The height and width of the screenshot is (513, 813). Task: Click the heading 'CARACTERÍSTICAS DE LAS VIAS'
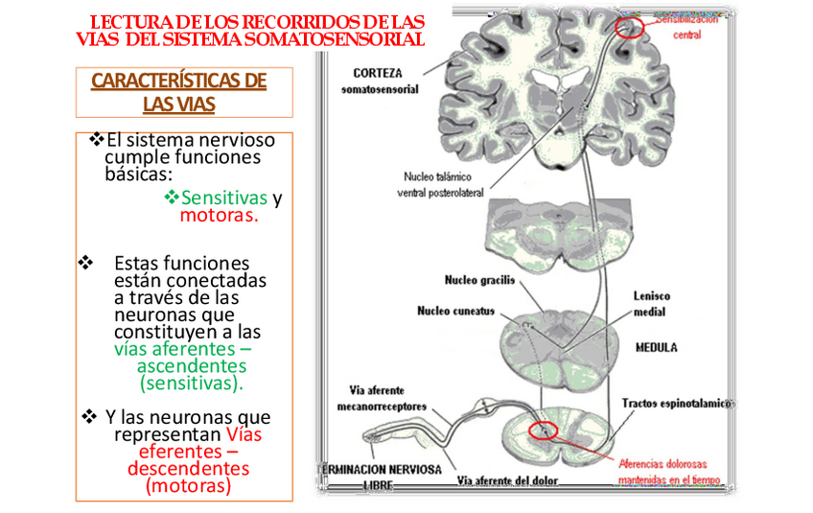pos(178,92)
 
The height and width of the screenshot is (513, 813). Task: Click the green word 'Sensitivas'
pos(223,198)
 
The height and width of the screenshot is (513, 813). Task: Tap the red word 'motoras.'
pos(219,216)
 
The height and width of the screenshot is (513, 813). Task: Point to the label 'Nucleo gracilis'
pos(479,281)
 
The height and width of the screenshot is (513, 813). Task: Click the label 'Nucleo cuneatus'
pos(455,311)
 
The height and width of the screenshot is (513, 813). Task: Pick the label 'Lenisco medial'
pos(651,304)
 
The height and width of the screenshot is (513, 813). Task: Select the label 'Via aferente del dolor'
pos(508,479)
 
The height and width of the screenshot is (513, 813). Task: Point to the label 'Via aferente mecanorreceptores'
pos(382,398)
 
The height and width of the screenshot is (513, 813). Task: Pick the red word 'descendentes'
pos(188,469)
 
